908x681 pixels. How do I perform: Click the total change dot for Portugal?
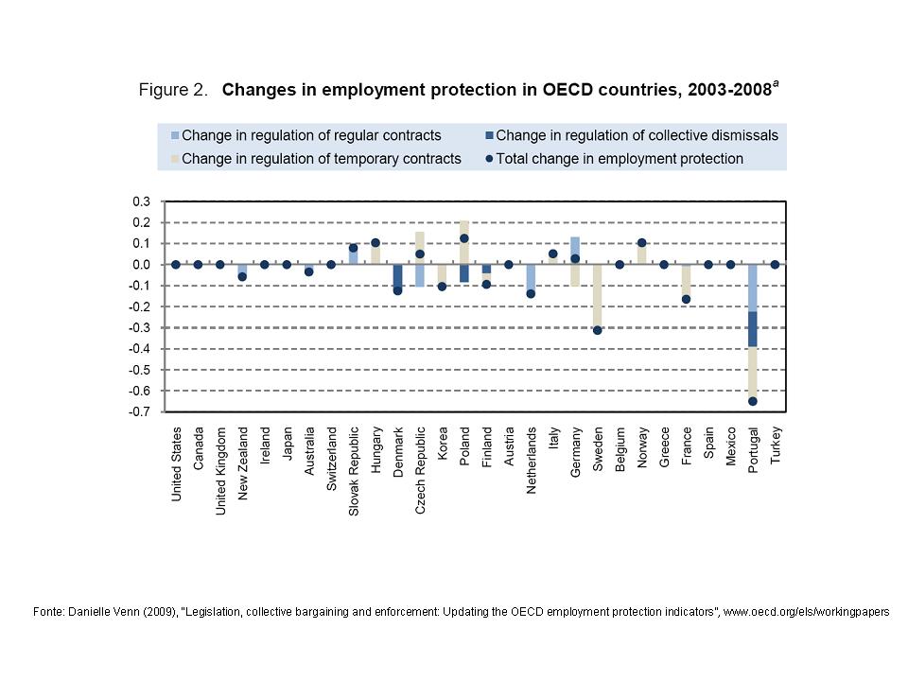pos(753,401)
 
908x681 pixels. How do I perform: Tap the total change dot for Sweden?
pos(597,330)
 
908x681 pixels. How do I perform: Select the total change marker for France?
pos(686,299)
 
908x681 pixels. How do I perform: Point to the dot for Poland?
pos(464,238)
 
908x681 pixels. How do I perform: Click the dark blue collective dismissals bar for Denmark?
pos(397,277)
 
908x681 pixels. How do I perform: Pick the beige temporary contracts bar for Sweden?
pos(597,297)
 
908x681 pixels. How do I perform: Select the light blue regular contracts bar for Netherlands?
pos(531,278)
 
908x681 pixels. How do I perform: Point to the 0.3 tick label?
pos(141,201)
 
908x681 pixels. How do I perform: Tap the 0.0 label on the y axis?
pos(141,265)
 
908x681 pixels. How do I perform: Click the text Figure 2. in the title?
pos(173,90)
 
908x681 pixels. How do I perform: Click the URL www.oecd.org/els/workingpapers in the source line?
pos(807,612)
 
